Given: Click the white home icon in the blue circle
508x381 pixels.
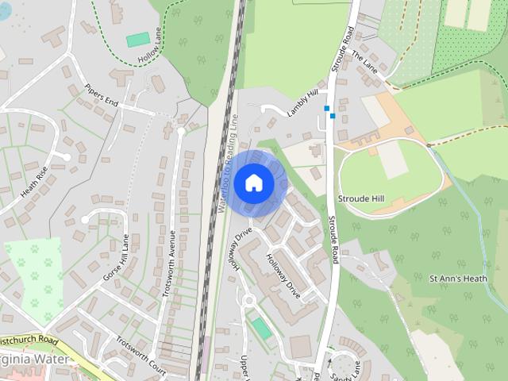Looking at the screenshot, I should pyautogui.click(x=253, y=183).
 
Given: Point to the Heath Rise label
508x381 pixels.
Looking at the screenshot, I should pyautogui.click(x=35, y=182).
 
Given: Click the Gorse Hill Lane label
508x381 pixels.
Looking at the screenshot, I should pyautogui.click(x=116, y=257).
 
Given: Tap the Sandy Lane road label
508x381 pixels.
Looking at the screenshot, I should pyautogui.click(x=338, y=368).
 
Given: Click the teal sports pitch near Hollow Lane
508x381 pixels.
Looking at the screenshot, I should pyautogui.click(x=138, y=39).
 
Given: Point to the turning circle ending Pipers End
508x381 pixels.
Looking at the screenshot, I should pyautogui.click(x=182, y=129).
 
